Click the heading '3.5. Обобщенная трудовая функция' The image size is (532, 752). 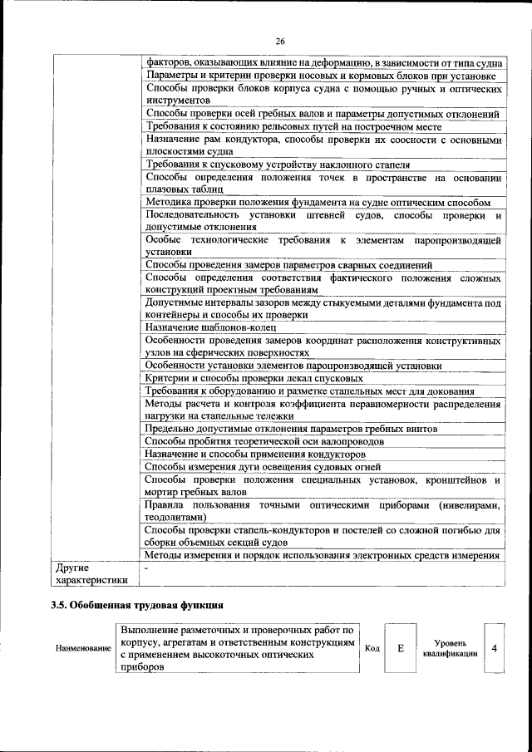click(x=137, y=604)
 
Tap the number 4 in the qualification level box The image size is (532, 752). click(x=494, y=647)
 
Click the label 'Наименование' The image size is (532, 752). click(x=83, y=648)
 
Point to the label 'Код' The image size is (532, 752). click(x=372, y=648)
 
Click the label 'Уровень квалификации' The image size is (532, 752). click(x=449, y=648)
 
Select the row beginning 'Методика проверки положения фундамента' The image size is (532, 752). click(x=316, y=202)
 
